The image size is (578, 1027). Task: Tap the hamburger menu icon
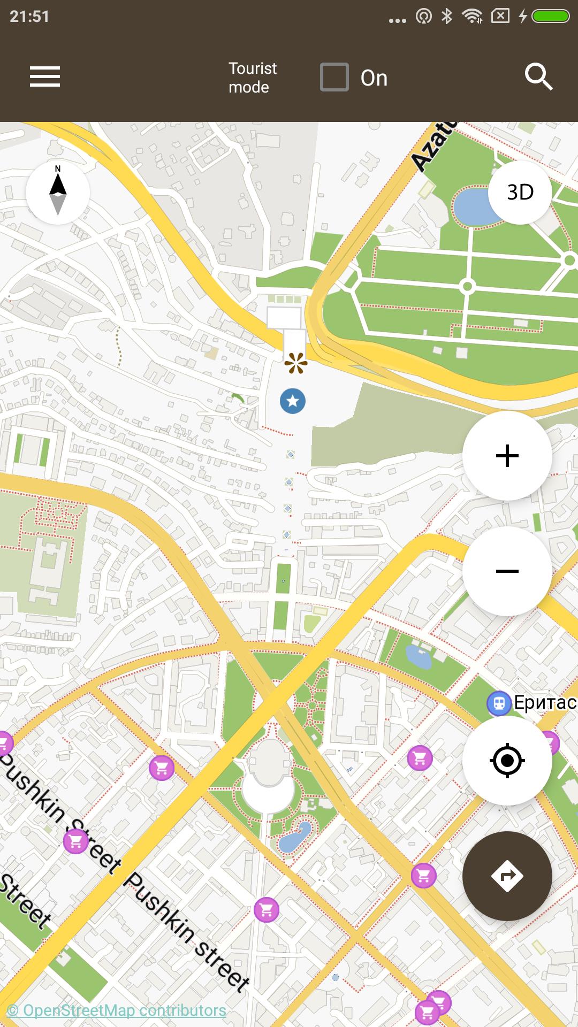click(45, 76)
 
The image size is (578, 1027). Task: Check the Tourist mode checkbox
click(334, 77)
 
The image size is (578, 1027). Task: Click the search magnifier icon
click(538, 76)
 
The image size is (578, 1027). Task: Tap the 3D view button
click(520, 192)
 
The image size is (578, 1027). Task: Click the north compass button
click(58, 192)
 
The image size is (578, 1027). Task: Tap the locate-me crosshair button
click(507, 760)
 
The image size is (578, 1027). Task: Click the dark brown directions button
click(507, 876)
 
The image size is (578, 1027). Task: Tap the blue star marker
click(293, 401)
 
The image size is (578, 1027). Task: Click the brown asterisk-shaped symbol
click(296, 363)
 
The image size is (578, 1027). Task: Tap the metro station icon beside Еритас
click(499, 703)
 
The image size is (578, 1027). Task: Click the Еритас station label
click(545, 702)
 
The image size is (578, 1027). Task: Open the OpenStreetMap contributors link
click(117, 1010)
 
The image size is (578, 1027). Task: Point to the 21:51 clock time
click(29, 17)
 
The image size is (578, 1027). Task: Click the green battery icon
click(550, 17)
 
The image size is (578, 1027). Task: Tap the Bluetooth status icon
click(447, 17)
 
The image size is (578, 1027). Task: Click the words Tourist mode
click(253, 78)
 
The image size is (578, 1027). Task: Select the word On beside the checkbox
click(374, 78)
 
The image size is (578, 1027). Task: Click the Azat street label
click(433, 145)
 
